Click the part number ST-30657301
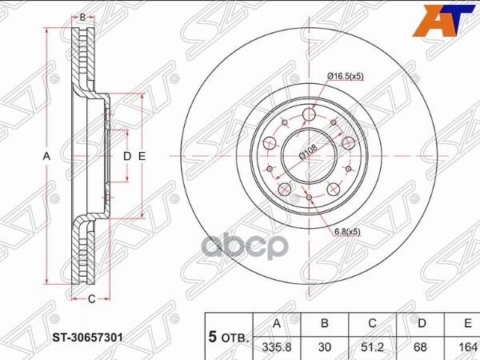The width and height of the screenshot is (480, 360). [x=87, y=338]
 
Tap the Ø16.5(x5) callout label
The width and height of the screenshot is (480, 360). [x=346, y=76]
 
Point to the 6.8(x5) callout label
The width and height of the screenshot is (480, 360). [x=347, y=232]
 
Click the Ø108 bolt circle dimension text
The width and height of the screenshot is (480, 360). [x=308, y=151]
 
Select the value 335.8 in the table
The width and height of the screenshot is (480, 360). [x=277, y=347]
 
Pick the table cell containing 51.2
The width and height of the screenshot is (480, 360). [x=372, y=347]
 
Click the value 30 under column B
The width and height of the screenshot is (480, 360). [x=325, y=347]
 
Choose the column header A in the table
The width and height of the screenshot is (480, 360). [x=277, y=323]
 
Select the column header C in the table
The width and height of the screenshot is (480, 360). [x=372, y=323]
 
